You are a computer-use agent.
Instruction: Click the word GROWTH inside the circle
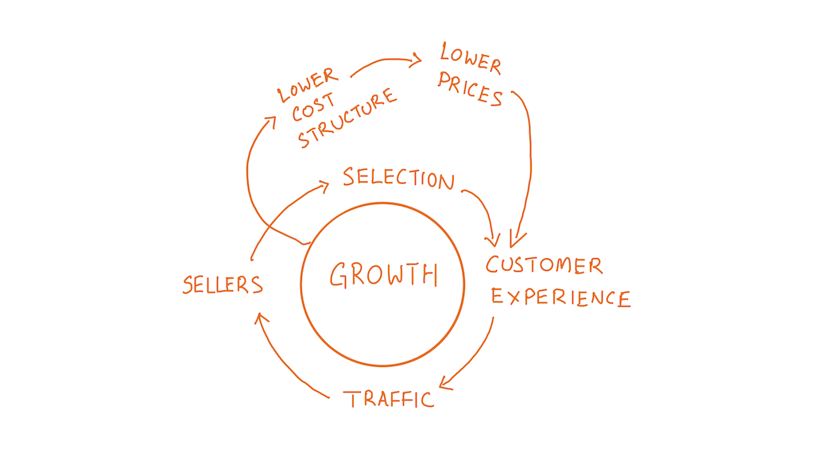tap(383, 275)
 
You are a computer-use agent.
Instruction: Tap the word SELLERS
tap(223, 284)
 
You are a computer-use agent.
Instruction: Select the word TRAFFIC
tap(390, 398)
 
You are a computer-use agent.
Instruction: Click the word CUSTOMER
tap(545, 265)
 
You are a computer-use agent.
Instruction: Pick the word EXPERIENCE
tap(560, 297)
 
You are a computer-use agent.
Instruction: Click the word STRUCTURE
tap(347, 118)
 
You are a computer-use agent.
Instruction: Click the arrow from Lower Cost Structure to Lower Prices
tap(386, 61)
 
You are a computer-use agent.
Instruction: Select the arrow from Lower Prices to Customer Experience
tap(528, 159)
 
